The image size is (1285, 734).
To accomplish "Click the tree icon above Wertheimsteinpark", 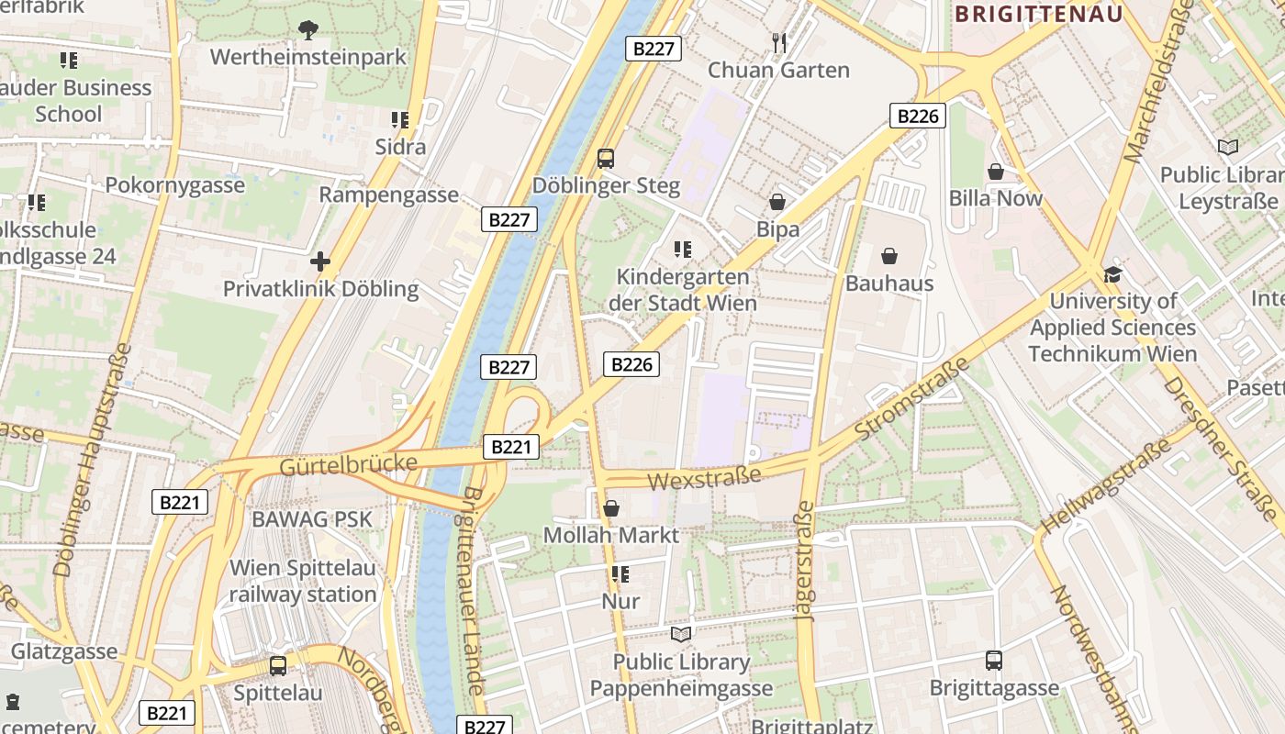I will point(307,30).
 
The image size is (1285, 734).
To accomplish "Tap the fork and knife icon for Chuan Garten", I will point(779,42).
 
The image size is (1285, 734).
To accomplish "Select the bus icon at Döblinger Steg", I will point(606,158).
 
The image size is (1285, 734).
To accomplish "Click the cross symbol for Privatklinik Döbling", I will point(319,261).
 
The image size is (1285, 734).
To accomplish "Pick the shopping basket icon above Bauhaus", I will point(889,256).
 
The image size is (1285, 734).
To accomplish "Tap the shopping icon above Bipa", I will point(777,202).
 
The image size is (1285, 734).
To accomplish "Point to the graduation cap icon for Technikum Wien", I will point(1112,273).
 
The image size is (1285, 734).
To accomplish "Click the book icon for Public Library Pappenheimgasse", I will point(681,634).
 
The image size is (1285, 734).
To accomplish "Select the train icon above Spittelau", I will point(277,665).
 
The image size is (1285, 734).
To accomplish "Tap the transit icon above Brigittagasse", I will point(993,660).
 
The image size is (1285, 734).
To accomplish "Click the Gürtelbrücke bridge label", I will point(348,464).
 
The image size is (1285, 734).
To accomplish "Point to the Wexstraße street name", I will point(704,478).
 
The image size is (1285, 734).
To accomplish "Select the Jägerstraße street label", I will point(805,562).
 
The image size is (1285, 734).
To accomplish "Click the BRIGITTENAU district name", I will point(1039,14).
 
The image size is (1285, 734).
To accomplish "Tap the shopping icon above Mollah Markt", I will point(611,507).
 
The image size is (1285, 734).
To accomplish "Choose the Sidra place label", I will point(400,147).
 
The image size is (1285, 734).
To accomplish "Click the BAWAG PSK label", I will point(312,519).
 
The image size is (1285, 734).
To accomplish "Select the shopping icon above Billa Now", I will point(996,172).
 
